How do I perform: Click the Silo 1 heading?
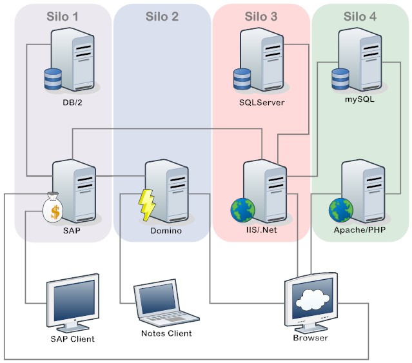pos(63,16)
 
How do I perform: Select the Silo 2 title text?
pos(162,16)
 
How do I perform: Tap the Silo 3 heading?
pos(260,16)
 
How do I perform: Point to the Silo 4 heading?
pos(360,16)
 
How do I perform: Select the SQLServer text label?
pos(261,101)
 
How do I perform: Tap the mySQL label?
pos(360,100)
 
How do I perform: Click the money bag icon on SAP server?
pos(53,207)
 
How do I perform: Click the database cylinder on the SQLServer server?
pos(242,79)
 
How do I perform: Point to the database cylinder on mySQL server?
pos(340,79)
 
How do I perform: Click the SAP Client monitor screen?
pos(74,299)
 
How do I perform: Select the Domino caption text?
pos(166,230)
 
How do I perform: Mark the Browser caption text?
pos(310,337)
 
